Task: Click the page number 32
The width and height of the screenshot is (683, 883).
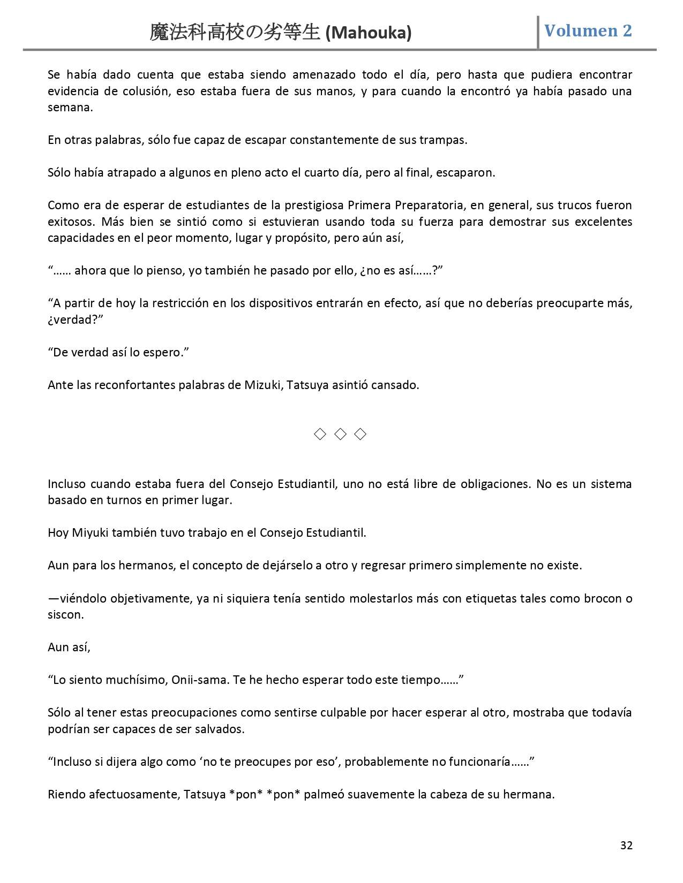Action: coord(626,845)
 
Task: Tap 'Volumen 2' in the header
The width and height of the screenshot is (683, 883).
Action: coord(588,31)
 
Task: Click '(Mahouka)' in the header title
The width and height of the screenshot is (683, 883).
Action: coord(369,33)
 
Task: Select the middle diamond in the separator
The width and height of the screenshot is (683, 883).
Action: coord(340,434)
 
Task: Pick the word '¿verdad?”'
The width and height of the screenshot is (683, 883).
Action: coord(75,319)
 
